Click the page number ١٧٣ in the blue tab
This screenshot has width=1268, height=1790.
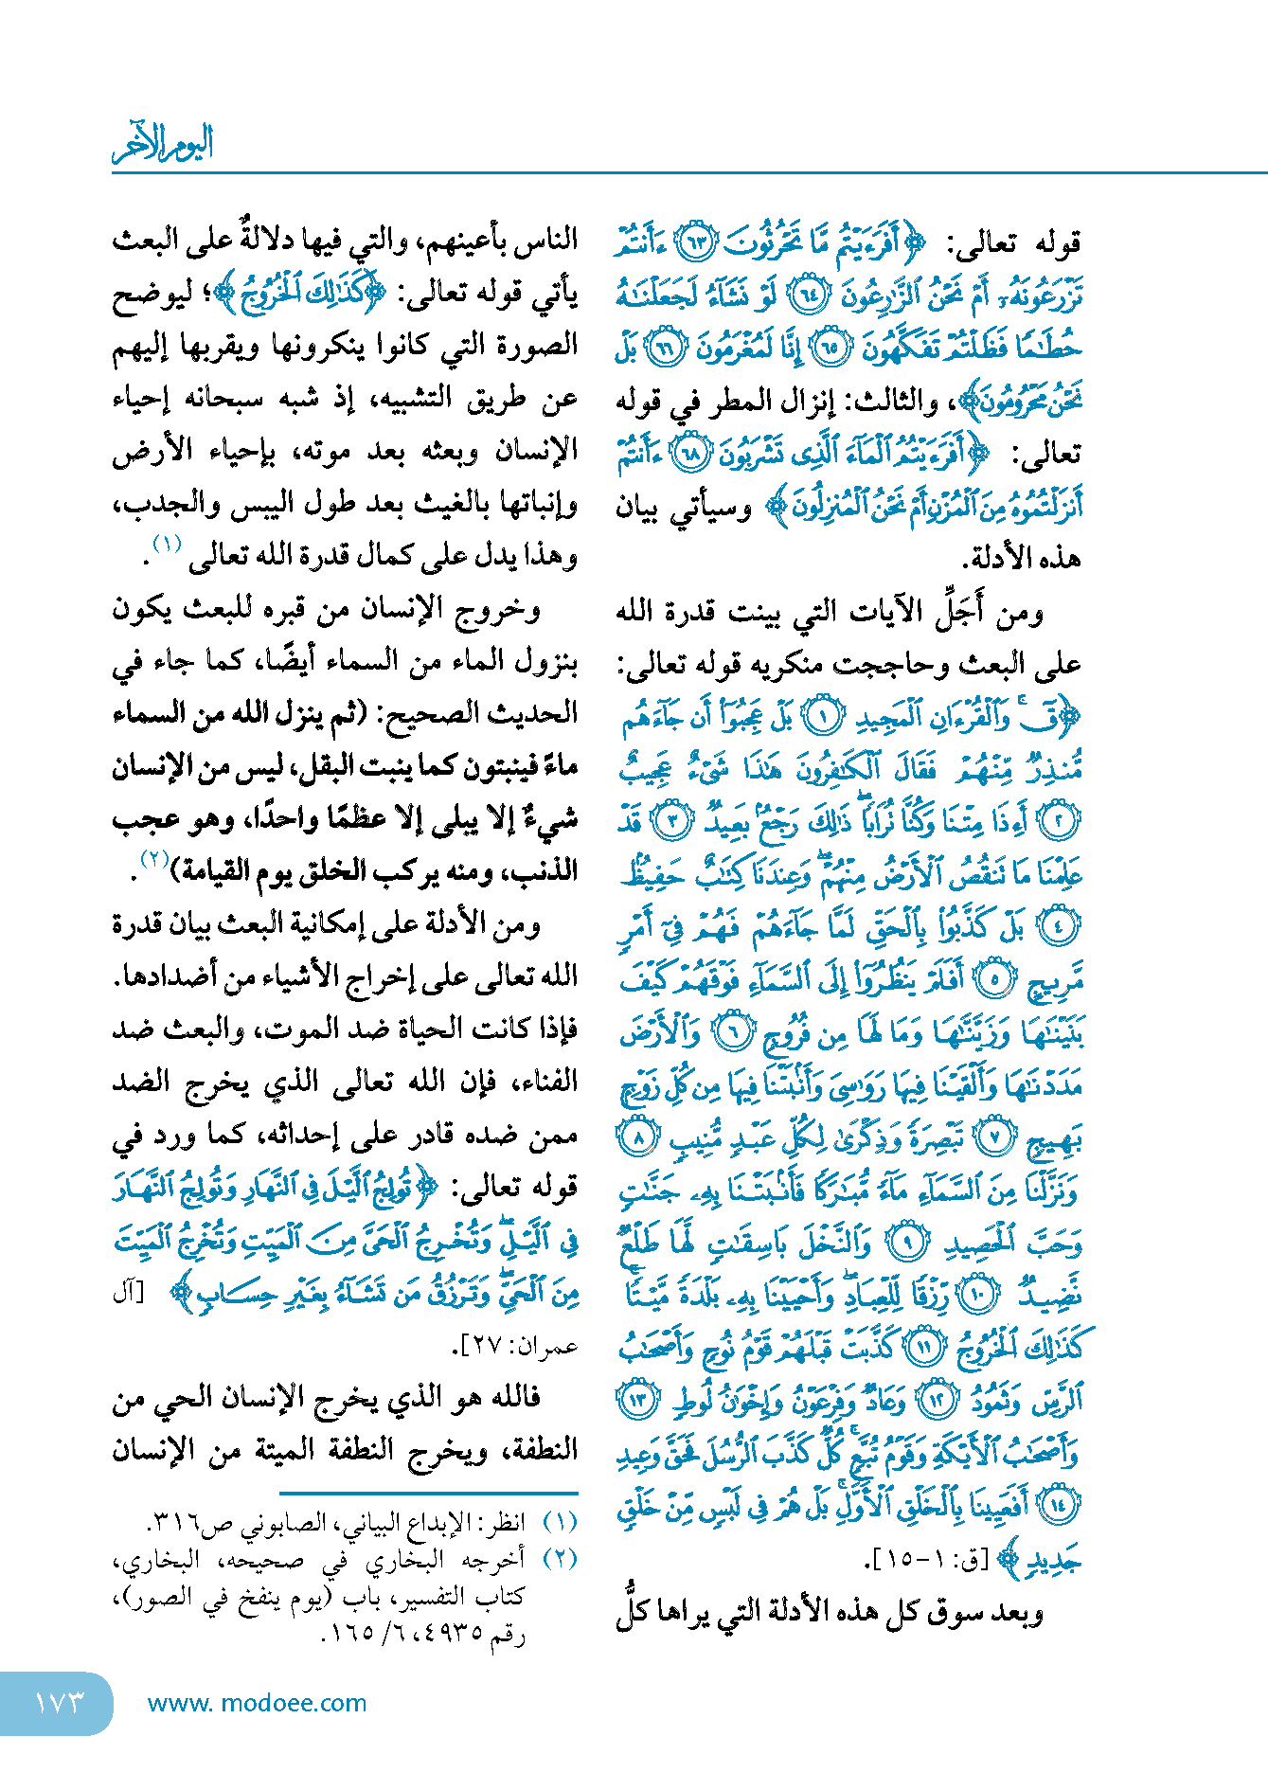(59, 1703)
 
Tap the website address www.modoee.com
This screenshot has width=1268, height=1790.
(257, 1703)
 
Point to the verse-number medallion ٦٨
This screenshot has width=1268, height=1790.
(688, 455)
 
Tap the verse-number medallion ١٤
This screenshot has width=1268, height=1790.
(1057, 1504)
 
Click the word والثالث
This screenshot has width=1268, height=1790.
(895, 402)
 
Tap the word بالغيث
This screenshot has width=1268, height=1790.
(445, 504)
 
